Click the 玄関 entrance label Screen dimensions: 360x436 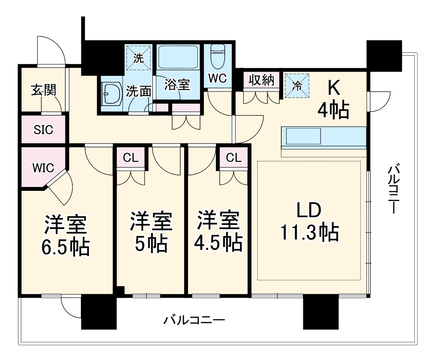tap(43, 90)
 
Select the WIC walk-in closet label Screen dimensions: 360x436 tap(43, 168)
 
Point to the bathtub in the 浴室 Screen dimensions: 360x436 tap(178, 58)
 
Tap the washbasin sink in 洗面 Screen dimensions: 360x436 tap(111, 94)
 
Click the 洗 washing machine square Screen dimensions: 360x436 tap(138, 58)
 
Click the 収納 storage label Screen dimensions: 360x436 tap(261, 81)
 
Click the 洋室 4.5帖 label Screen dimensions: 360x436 tap(218, 231)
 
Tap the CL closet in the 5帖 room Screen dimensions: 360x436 tap(130, 157)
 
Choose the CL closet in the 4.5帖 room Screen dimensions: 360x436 tap(233, 157)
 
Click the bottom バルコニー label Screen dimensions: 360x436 tap(194, 321)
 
